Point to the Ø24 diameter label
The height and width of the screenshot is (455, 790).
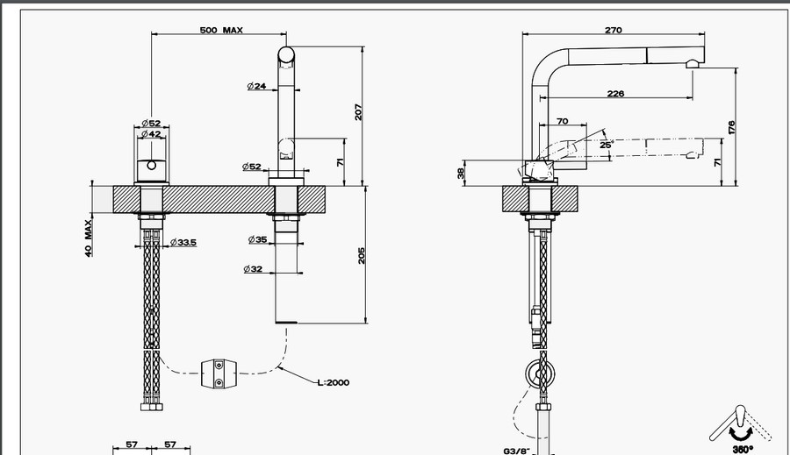click(257, 86)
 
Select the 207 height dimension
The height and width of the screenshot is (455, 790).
click(358, 112)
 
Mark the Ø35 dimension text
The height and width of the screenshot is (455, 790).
click(257, 239)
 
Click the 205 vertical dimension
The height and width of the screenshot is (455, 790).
click(361, 254)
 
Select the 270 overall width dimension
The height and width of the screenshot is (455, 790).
click(613, 30)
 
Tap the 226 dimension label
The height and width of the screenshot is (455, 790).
click(615, 94)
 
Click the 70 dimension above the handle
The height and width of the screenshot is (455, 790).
click(562, 121)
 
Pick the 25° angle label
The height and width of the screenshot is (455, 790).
click(606, 145)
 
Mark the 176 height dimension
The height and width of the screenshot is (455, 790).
click(731, 125)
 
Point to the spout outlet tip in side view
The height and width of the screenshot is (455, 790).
click(693, 63)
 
